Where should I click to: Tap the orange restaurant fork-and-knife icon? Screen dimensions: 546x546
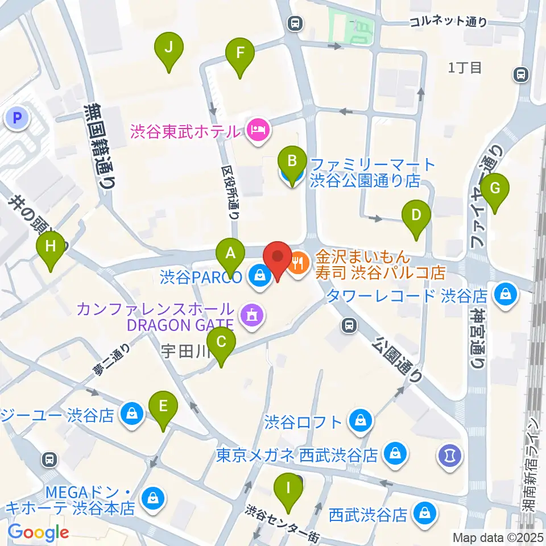pos(298,262)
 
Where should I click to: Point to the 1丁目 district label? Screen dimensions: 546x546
pos(465,68)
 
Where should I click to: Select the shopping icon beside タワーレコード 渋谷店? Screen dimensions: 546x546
pos(504,295)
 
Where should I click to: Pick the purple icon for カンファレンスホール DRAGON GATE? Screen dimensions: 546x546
pos(251,314)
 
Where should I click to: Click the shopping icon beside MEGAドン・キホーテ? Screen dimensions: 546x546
pos(152,498)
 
